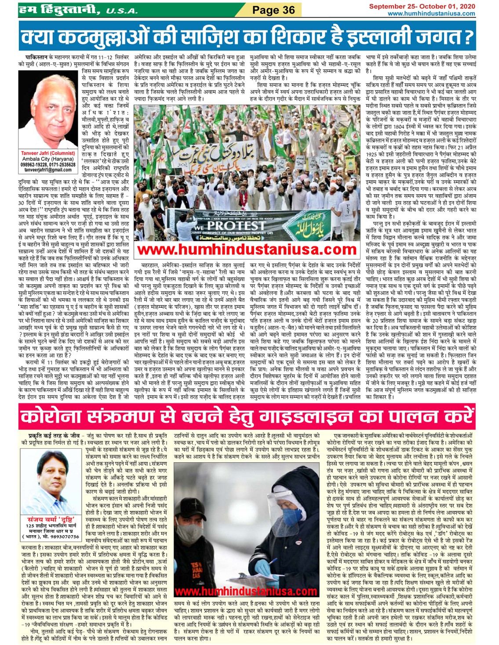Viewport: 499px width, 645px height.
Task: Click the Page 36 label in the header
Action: (x=273, y=10)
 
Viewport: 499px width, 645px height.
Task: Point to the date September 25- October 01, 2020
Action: (x=422, y=6)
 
